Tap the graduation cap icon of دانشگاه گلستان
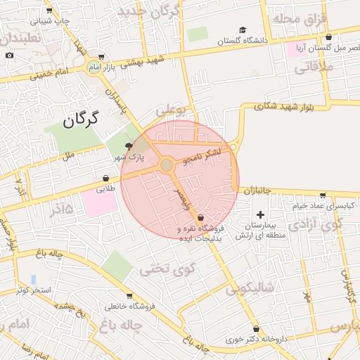tap(243, 30)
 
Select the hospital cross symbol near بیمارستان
tap(261, 214)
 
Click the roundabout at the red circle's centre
tap(167, 165)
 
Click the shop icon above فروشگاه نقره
tap(200, 217)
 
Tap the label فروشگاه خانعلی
tap(129, 307)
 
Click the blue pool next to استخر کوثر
tap(33, 280)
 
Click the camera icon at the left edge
tap(9, 55)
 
